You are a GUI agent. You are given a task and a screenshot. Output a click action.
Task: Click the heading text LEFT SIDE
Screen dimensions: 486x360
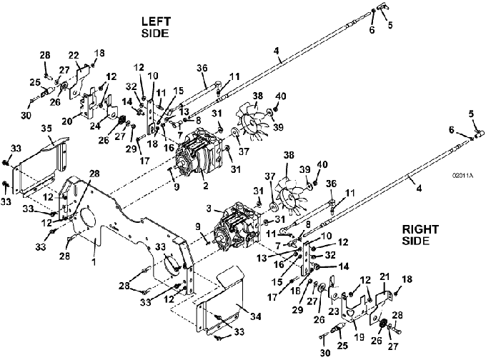(156, 27)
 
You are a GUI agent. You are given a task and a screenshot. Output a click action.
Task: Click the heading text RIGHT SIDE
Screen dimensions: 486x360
(420, 235)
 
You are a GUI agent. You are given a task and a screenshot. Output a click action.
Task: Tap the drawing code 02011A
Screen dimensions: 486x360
(462, 176)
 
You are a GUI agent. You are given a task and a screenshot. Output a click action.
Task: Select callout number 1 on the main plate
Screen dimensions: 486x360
(94, 262)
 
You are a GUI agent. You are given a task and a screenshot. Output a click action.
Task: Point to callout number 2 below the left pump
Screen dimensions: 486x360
(205, 185)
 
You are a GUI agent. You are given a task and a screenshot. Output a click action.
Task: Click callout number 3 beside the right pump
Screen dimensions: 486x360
(209, 208)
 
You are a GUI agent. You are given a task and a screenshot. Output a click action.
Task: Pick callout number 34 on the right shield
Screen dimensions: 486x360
(255, 316)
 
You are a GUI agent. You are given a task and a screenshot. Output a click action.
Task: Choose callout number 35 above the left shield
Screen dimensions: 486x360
(46, 129)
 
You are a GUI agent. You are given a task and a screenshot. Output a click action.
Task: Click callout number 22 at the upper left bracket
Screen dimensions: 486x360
(74, 56)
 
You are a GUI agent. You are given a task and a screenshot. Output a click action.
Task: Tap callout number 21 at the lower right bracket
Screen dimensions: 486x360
(385, 276)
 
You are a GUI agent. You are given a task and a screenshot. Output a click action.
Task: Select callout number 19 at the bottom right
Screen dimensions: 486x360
(359, 336)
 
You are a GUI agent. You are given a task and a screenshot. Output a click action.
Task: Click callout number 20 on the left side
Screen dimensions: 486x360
(67, 121)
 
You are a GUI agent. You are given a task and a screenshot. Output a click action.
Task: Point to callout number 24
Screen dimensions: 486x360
(94, 126)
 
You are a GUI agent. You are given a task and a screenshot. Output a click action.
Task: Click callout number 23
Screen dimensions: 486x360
(334, 311)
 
